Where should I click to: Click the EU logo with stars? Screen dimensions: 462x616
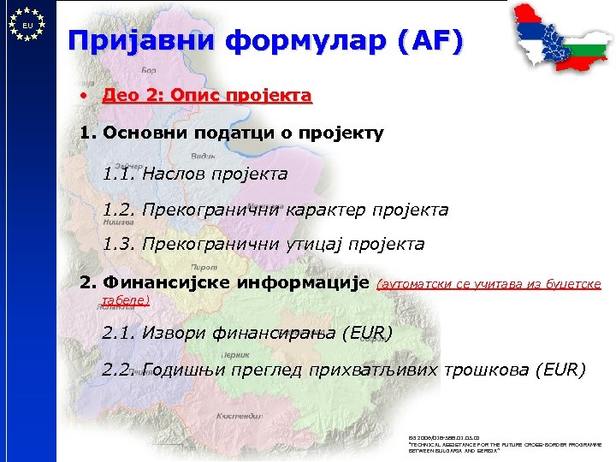pyautogui.click(x=27, y=25)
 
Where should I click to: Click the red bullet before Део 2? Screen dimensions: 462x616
pyautogui.click(x=85, y=95)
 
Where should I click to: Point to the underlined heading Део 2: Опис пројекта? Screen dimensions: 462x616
pyautogui.click(x=206, y=95)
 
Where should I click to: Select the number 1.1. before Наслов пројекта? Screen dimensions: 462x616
pyautogui.click(x=118, y=174)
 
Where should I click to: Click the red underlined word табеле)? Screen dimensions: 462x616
pyautogui.click(x=125, y=299)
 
